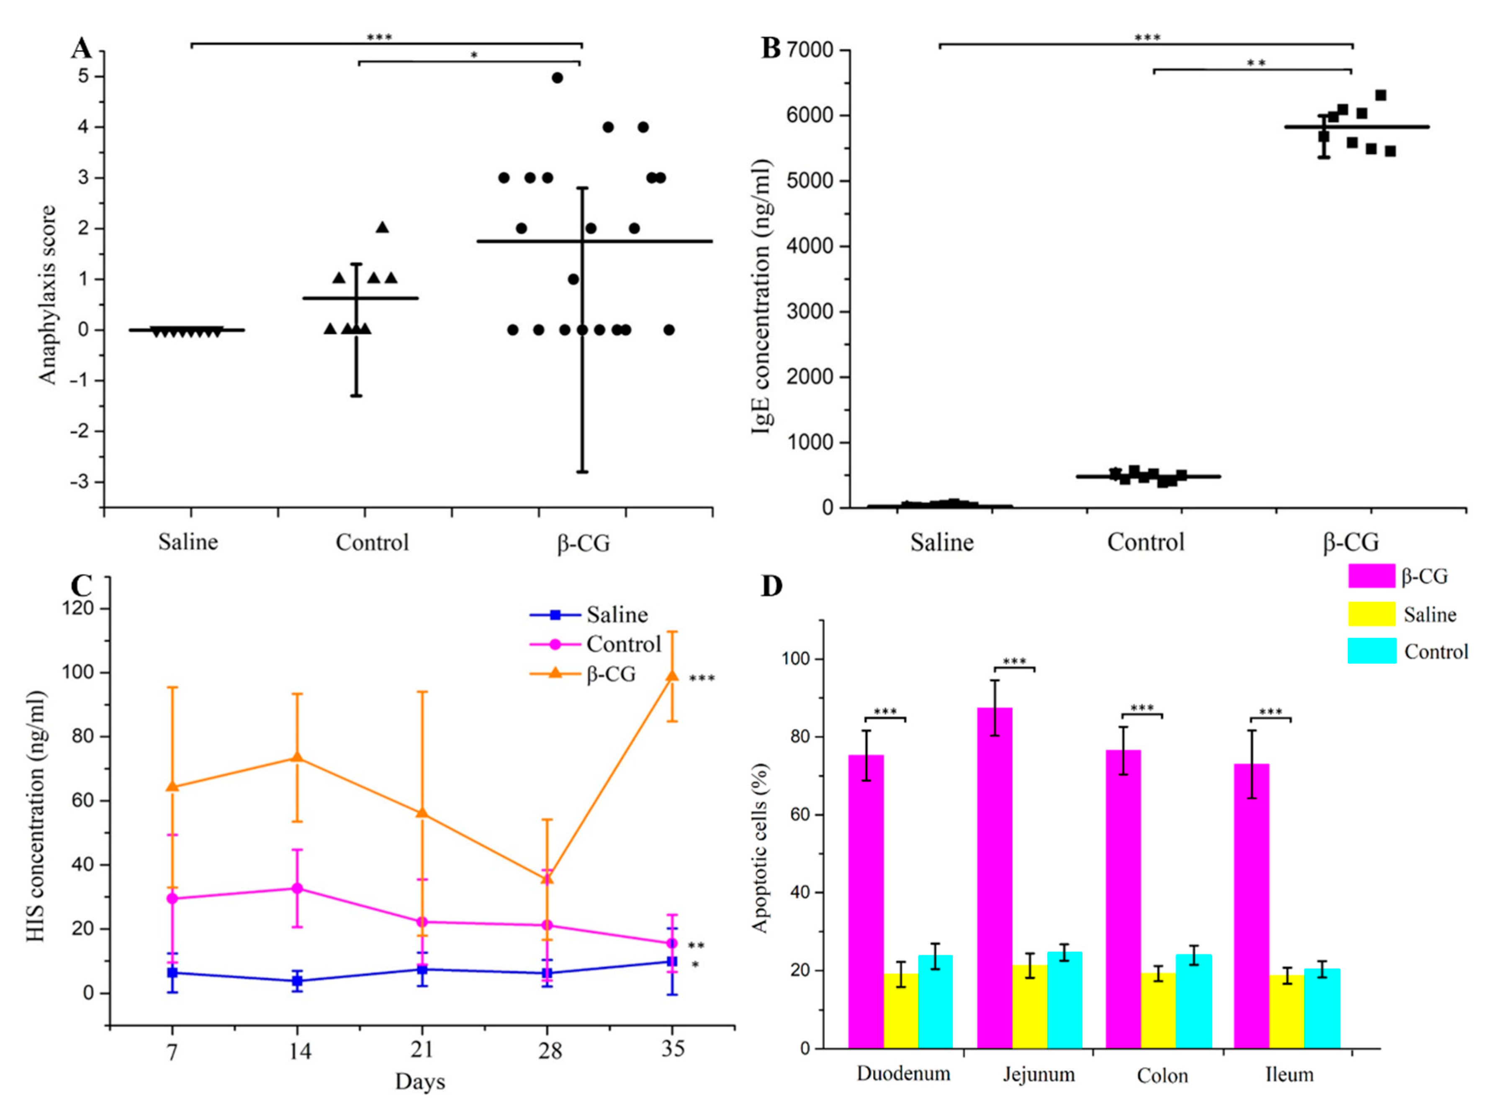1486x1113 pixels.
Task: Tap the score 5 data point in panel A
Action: click(557, 77)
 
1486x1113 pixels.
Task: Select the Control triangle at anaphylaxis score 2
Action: click(382, 227)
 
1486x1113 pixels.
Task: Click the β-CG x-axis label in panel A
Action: click(583, 542)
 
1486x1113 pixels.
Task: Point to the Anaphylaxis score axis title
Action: click(47, 296)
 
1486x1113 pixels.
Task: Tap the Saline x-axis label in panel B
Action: click(942, 542)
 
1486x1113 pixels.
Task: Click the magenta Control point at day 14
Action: click(296, 888)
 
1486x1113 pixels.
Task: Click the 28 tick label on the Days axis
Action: click(550, 1049)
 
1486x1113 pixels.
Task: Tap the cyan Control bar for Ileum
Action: click(1321, 1008)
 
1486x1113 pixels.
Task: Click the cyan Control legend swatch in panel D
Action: click(1372, 651)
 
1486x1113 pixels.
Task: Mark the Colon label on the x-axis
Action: click(1162, 1075)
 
